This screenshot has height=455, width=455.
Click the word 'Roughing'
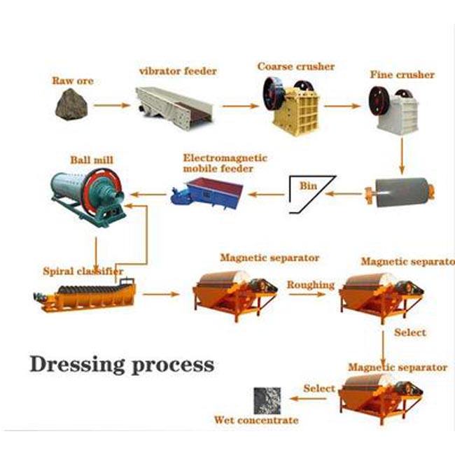310,285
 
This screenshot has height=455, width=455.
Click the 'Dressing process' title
122,364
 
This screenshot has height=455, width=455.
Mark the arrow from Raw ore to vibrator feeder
112,106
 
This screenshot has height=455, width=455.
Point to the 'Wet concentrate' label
256,420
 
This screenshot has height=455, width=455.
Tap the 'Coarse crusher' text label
295,67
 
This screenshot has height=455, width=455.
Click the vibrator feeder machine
174,104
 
